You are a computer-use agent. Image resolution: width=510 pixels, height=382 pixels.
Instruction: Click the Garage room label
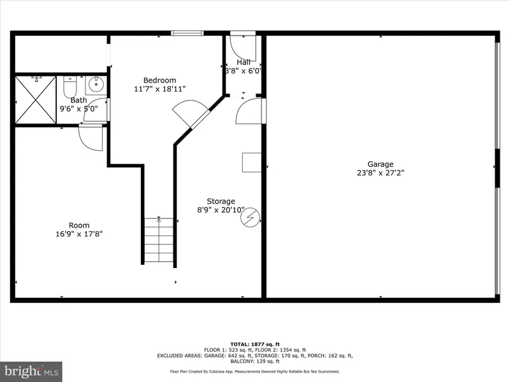click(x=380, y=164)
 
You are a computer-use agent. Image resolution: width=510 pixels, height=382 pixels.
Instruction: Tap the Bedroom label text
click(x=160, y=80)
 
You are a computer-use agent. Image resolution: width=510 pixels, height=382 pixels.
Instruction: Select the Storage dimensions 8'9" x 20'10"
click(x=221, y=210)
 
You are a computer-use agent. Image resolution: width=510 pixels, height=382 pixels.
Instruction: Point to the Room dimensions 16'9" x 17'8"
click(x=79, y=234)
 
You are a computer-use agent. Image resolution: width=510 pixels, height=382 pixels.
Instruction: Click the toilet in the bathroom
click(x=69, y=87)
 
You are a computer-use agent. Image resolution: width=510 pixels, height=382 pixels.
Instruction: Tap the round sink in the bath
click(x=96, y=85)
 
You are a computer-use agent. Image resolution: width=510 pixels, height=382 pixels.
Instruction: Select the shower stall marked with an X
click(x=36, y=100)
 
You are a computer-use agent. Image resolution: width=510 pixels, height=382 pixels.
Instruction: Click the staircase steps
click(x=159, y=240)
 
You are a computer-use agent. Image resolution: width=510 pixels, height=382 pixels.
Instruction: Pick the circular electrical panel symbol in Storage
click(x=250, y=217)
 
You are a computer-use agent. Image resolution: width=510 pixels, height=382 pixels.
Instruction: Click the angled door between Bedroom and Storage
click(x=191, y=114)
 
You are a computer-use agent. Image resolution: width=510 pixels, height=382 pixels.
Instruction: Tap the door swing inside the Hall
click(x=243, y=48)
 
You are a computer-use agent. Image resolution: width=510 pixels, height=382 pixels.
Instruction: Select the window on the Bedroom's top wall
click(x=187, y=33)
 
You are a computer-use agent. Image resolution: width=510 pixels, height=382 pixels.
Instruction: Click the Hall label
click(x=244, y=62)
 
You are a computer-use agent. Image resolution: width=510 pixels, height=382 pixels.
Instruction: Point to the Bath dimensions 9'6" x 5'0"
click(x=78, y=109)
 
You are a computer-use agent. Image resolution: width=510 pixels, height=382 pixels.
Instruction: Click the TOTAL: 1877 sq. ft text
click(x=255, y=344)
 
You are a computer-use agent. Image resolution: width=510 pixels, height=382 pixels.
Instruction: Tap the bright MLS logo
click(x=31, y=372)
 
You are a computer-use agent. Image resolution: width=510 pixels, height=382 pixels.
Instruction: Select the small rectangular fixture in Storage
click(x=252, y=162)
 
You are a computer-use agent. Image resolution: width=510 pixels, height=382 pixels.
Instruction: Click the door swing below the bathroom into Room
click(x=91, y=138)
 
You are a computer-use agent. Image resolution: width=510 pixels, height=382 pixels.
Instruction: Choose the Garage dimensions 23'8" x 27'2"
click(x=381, y=173)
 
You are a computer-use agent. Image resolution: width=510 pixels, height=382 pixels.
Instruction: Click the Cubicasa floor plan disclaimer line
click(x=254, y=372)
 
